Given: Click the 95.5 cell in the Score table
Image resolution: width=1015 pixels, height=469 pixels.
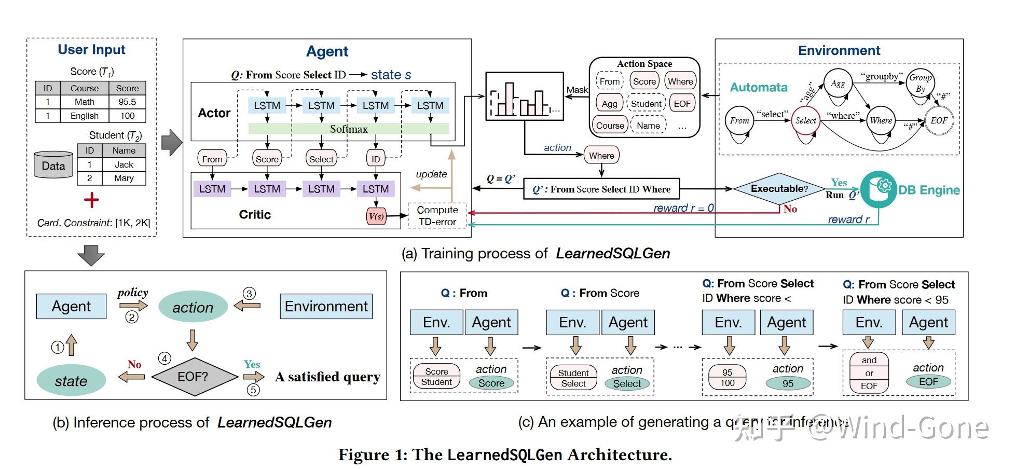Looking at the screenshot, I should pos(127,102).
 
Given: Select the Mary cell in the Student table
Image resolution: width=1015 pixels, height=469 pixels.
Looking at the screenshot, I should pos(124,178).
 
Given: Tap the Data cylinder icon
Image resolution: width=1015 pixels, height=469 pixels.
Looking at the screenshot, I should pos(53,165).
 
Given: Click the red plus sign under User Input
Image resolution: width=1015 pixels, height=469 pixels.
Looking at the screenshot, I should pos(91,200).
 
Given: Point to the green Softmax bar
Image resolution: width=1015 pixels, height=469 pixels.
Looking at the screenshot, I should pos(349,129).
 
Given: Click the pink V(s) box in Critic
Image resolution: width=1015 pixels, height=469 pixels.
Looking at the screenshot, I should pos(376,216).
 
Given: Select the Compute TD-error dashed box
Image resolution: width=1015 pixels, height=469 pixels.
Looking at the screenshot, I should pos(437,216).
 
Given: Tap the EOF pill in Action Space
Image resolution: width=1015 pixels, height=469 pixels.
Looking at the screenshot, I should pos(682,103).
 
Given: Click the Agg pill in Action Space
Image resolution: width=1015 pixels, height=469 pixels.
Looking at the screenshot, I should pos(609,103).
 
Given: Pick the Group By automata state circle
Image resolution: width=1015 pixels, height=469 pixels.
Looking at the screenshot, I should pos(920,83).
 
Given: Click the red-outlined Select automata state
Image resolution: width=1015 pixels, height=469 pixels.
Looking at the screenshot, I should pos(805,120).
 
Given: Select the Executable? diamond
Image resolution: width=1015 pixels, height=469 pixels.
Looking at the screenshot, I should pos(779,189).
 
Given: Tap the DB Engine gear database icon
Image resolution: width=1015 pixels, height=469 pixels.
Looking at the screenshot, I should pos(879,190).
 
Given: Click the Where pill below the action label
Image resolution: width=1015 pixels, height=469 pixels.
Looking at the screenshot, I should pos(601,155).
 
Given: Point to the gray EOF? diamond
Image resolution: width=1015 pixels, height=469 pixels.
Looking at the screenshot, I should pos(193,377).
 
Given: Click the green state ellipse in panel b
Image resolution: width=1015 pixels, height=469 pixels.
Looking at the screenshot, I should pos(71,381).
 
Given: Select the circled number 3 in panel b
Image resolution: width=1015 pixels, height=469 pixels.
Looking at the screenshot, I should pos(250,294).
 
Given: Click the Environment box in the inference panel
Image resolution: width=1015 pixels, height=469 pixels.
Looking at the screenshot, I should pos(326,306).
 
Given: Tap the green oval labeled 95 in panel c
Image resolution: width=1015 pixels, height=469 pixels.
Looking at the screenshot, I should pos(788,383).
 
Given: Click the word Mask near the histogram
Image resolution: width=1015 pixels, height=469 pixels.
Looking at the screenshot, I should pos(577,90).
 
